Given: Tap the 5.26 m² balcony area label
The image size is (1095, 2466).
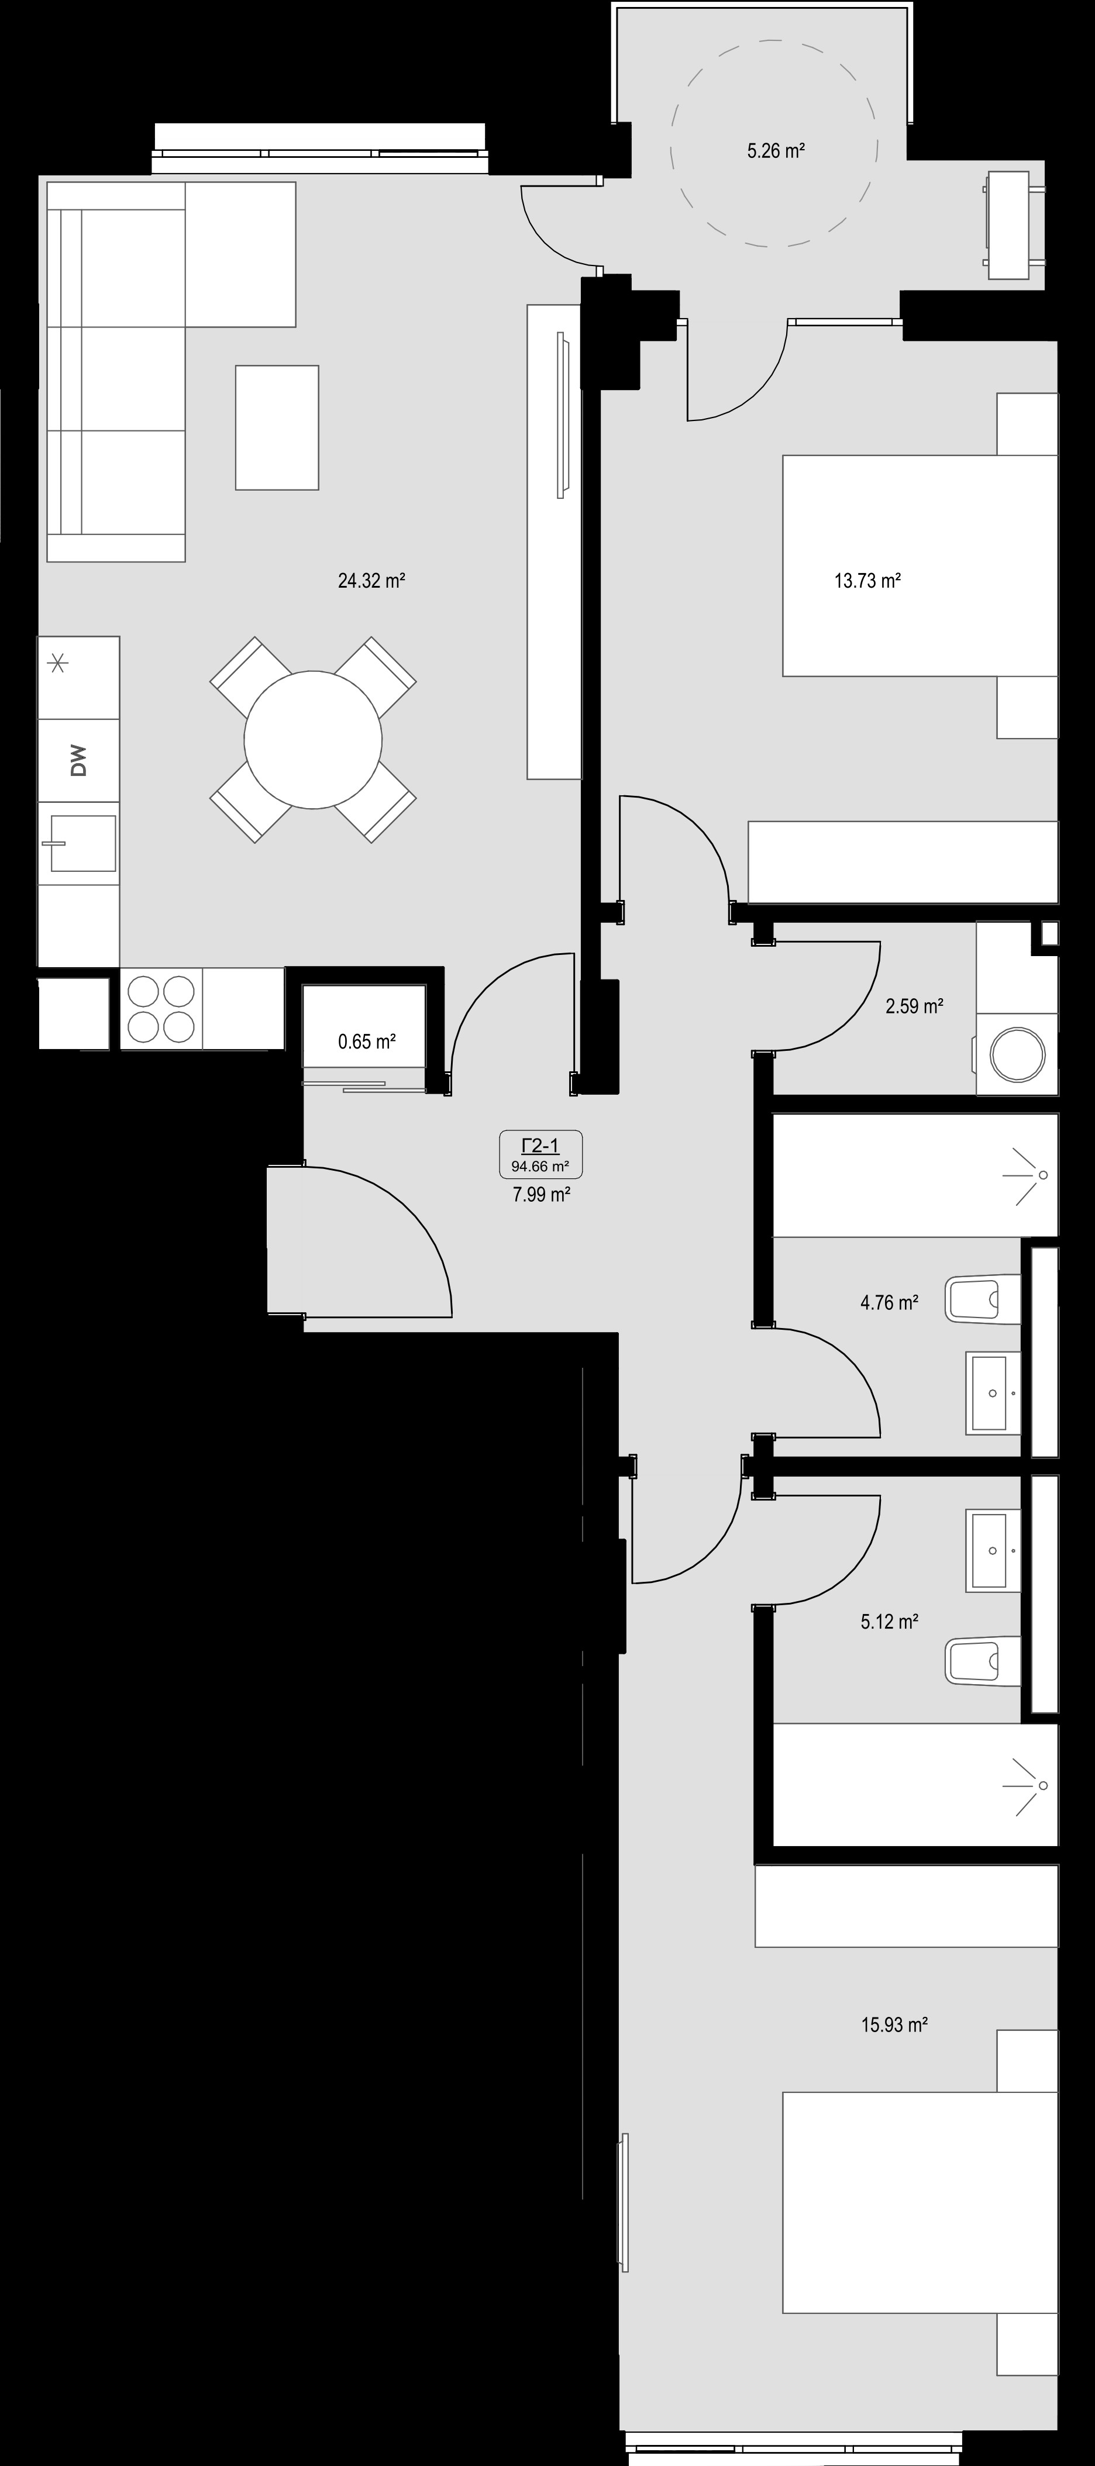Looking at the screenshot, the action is click(x=774, y=150).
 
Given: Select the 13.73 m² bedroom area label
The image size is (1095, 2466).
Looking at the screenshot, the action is click(x=867, y=580).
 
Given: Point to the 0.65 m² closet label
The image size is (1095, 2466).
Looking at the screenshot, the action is click(x=367, y=1041).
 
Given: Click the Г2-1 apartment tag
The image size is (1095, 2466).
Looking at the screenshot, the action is click(x=541, y=1145).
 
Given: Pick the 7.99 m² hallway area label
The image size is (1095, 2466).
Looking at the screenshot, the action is click(x=542, y=1194).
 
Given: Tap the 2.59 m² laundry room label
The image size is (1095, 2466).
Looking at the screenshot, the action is click(x=914, y=1006).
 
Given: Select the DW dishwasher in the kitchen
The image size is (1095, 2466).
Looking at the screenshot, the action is click(x=78, y=761).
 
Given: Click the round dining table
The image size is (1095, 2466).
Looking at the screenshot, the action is click(x=313, y=739).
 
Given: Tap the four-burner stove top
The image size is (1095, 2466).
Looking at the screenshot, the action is click(x=162, y=1008).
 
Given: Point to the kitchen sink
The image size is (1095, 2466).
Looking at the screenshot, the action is click(x=81, y=843).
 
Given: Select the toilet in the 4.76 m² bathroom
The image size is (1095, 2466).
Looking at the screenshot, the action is click(x=983, y=1299).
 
